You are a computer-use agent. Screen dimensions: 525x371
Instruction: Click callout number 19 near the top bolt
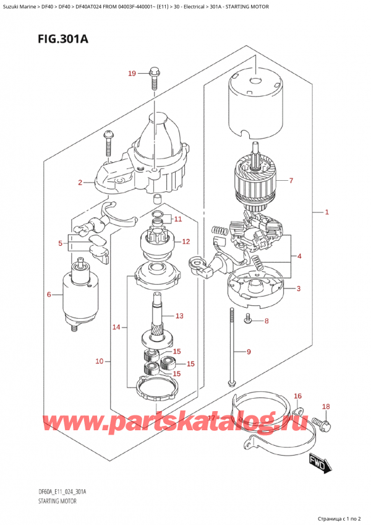pos(132,74)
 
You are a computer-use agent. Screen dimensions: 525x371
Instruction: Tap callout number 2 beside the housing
pos(80,183)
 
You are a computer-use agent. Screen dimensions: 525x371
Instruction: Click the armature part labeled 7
pos(257,180)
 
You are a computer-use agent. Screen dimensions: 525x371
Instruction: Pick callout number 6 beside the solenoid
pos(49,294)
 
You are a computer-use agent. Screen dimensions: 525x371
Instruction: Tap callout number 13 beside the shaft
pos(179,316)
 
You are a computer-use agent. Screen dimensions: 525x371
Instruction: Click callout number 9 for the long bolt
pos(248,352)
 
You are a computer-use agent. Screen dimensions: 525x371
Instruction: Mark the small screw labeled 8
pos(247,320)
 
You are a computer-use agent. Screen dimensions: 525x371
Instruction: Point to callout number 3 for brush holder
pos(299,289)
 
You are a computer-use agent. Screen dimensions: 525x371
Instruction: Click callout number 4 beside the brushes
pos(299,256)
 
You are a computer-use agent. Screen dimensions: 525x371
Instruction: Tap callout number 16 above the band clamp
pos(297,396)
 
